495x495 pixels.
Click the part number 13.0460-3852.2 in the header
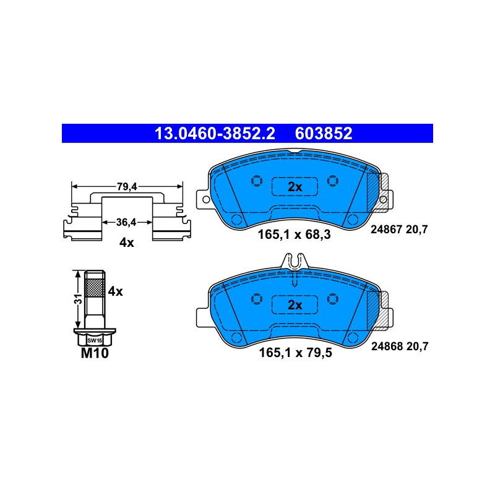pos(215,134)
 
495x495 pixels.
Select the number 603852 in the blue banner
pos(323,134)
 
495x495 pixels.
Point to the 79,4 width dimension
pos(127,187)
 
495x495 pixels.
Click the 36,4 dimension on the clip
pos(126,222)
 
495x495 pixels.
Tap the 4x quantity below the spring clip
pos(127,243)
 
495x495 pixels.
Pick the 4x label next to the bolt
pos(115,291)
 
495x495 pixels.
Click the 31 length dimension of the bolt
pos(79,299)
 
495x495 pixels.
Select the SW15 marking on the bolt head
pos(95,341)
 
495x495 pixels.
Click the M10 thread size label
pos(95,353)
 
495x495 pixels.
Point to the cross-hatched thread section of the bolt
pos(95,288)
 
